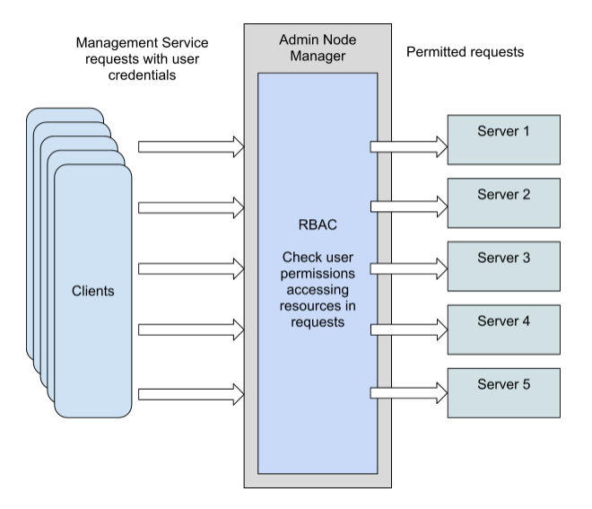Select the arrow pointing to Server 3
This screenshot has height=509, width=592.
[x=408, y=268]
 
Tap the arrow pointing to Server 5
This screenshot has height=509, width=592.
[x=408, y=393]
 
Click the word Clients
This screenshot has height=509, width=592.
[x=93, y=292]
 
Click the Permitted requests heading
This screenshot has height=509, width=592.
[x=466, y=53]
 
